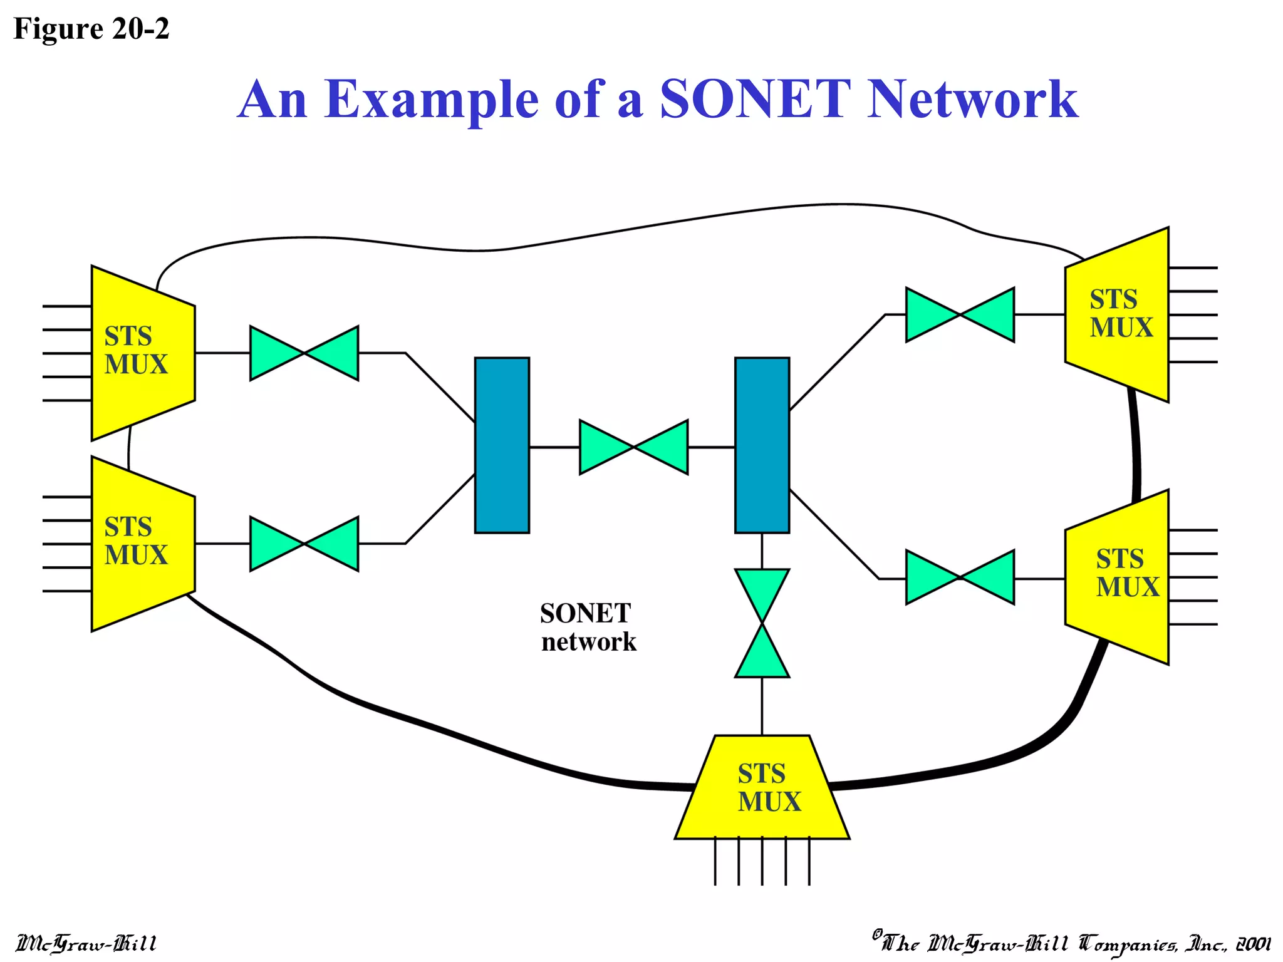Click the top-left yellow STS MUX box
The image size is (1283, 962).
click(143, 353)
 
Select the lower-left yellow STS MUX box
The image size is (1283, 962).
click(143, 543)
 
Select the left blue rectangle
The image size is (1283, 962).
click(502, 445)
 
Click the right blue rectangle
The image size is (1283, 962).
click(762, 445)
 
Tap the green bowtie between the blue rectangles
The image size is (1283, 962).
click(633, 447)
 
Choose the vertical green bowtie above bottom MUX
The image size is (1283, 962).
click(762, 623)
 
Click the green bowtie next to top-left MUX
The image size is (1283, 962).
click(304, 353)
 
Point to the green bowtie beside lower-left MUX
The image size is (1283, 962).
click(304, 544)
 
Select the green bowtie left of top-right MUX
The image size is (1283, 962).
click(960, 314)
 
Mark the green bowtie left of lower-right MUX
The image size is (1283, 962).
click(960, 577)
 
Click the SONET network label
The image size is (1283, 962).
click(587, 628)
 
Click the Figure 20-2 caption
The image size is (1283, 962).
click(91, 29)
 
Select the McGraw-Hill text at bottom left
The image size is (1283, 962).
click(86, 943)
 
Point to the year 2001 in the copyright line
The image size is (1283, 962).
click(1253, 944)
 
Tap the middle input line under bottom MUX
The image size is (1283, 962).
click(762, 862)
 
